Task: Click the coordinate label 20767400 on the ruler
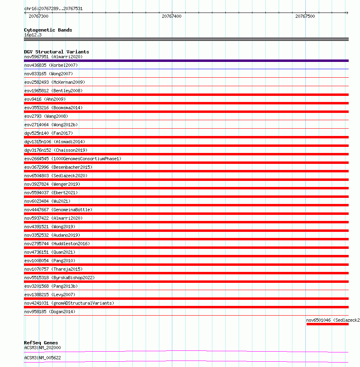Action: [172, 17]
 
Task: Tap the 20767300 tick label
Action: [38, 17]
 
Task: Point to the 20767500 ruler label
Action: [305, 17]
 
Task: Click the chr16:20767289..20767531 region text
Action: [53, 8]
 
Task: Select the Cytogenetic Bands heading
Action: [48, 30]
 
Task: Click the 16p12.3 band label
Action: [33, 35]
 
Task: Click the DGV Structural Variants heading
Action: [57, 52]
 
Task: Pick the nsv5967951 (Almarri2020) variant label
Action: [53, 57]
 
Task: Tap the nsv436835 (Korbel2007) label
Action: [51, 65]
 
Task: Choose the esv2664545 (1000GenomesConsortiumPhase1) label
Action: [73, 159]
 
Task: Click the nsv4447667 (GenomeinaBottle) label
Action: [58, 210]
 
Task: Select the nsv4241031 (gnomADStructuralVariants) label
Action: [69, 303]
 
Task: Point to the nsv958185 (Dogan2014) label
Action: [50, 312]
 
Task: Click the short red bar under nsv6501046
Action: [327, 324]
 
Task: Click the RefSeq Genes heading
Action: [41, 343]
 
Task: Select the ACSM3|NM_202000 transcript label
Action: [42, 348]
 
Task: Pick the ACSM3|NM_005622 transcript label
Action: [42, 358]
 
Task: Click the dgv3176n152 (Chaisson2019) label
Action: [56, 150]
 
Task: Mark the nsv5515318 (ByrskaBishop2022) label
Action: [59, 278]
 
